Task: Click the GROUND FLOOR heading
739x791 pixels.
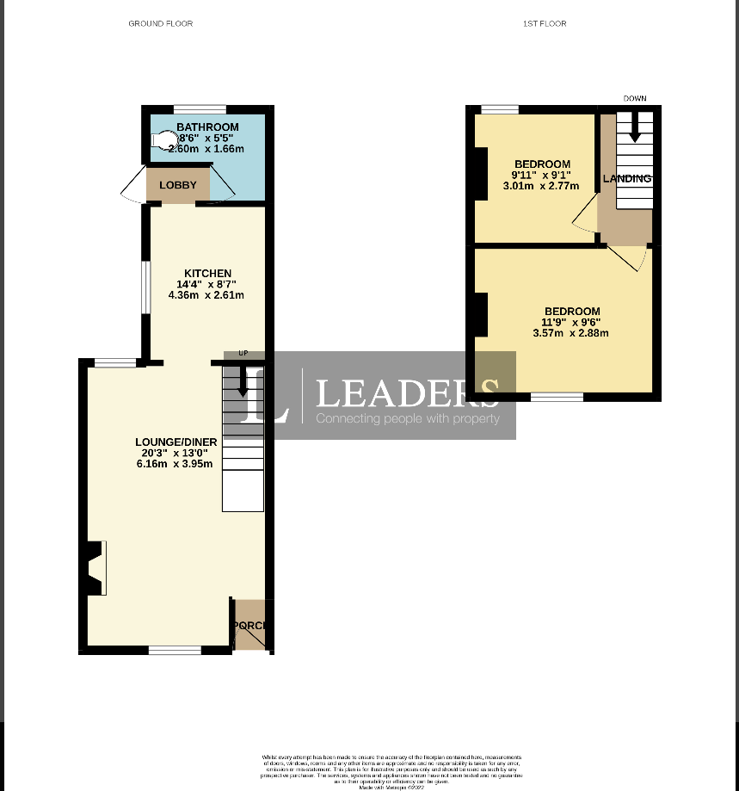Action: coord(160,23)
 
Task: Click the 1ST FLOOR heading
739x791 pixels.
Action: coord(545,23)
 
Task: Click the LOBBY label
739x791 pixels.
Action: coord(178,185)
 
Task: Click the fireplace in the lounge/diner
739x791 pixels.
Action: coord(95,568)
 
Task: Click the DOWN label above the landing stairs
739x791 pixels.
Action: coord(635,98)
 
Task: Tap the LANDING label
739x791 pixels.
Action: coord(626,179)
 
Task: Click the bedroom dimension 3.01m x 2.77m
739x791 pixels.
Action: coord(542,185)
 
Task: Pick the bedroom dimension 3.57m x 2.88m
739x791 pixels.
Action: coord(571,332)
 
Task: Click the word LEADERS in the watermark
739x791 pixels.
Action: coord(407,393)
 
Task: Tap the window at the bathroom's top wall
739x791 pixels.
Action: coord(200,109)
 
